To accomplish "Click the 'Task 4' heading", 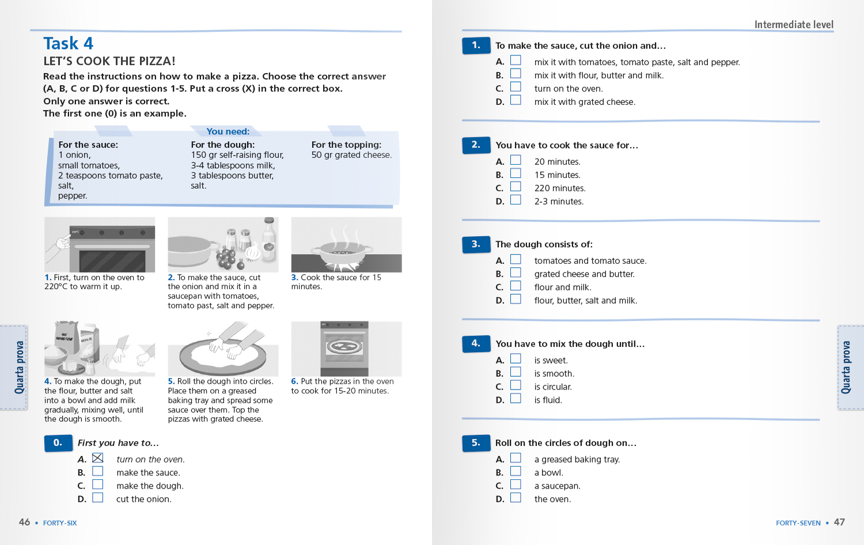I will (x=68, y=44).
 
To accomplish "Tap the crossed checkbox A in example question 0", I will (x=98, y=458).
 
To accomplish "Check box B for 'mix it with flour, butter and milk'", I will (x=516, y=74).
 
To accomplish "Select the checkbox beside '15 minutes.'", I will (x=516, y=173).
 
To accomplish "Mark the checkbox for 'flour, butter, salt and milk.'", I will (x=516, y=299).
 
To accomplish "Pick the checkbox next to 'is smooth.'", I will (x=516, y=372).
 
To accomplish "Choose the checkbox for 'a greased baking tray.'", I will (x=516, y=458).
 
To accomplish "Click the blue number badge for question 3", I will (x=476, y=244).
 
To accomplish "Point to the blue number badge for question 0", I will (x=58, y=443).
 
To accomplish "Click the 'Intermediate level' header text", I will (x=794, y=25).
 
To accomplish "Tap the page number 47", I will (x=839, y=522).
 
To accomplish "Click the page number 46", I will (x=24, y=522).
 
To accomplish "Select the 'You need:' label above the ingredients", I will (x=228, y=131).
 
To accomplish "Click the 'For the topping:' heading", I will (x=346, y=145).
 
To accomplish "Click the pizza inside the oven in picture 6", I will (x=344, y=347).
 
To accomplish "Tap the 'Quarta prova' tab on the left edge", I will (x=20, y=368).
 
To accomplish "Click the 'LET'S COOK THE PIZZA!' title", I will (x=109, y=61).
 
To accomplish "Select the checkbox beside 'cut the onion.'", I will (x=98, y=498).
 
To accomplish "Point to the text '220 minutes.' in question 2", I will (x=559, y=188).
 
